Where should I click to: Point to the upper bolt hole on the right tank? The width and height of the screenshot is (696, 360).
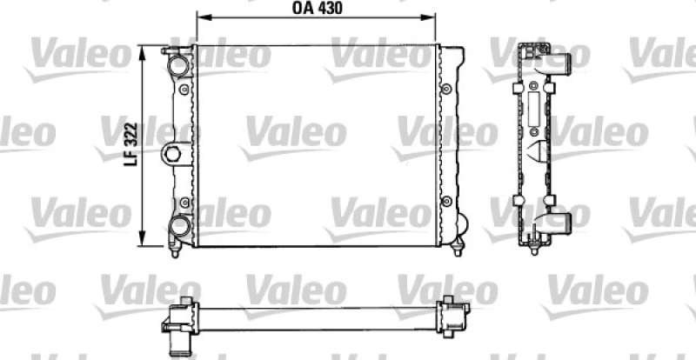(446, 90)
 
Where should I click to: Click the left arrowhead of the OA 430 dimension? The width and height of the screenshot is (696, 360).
(199, 17)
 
